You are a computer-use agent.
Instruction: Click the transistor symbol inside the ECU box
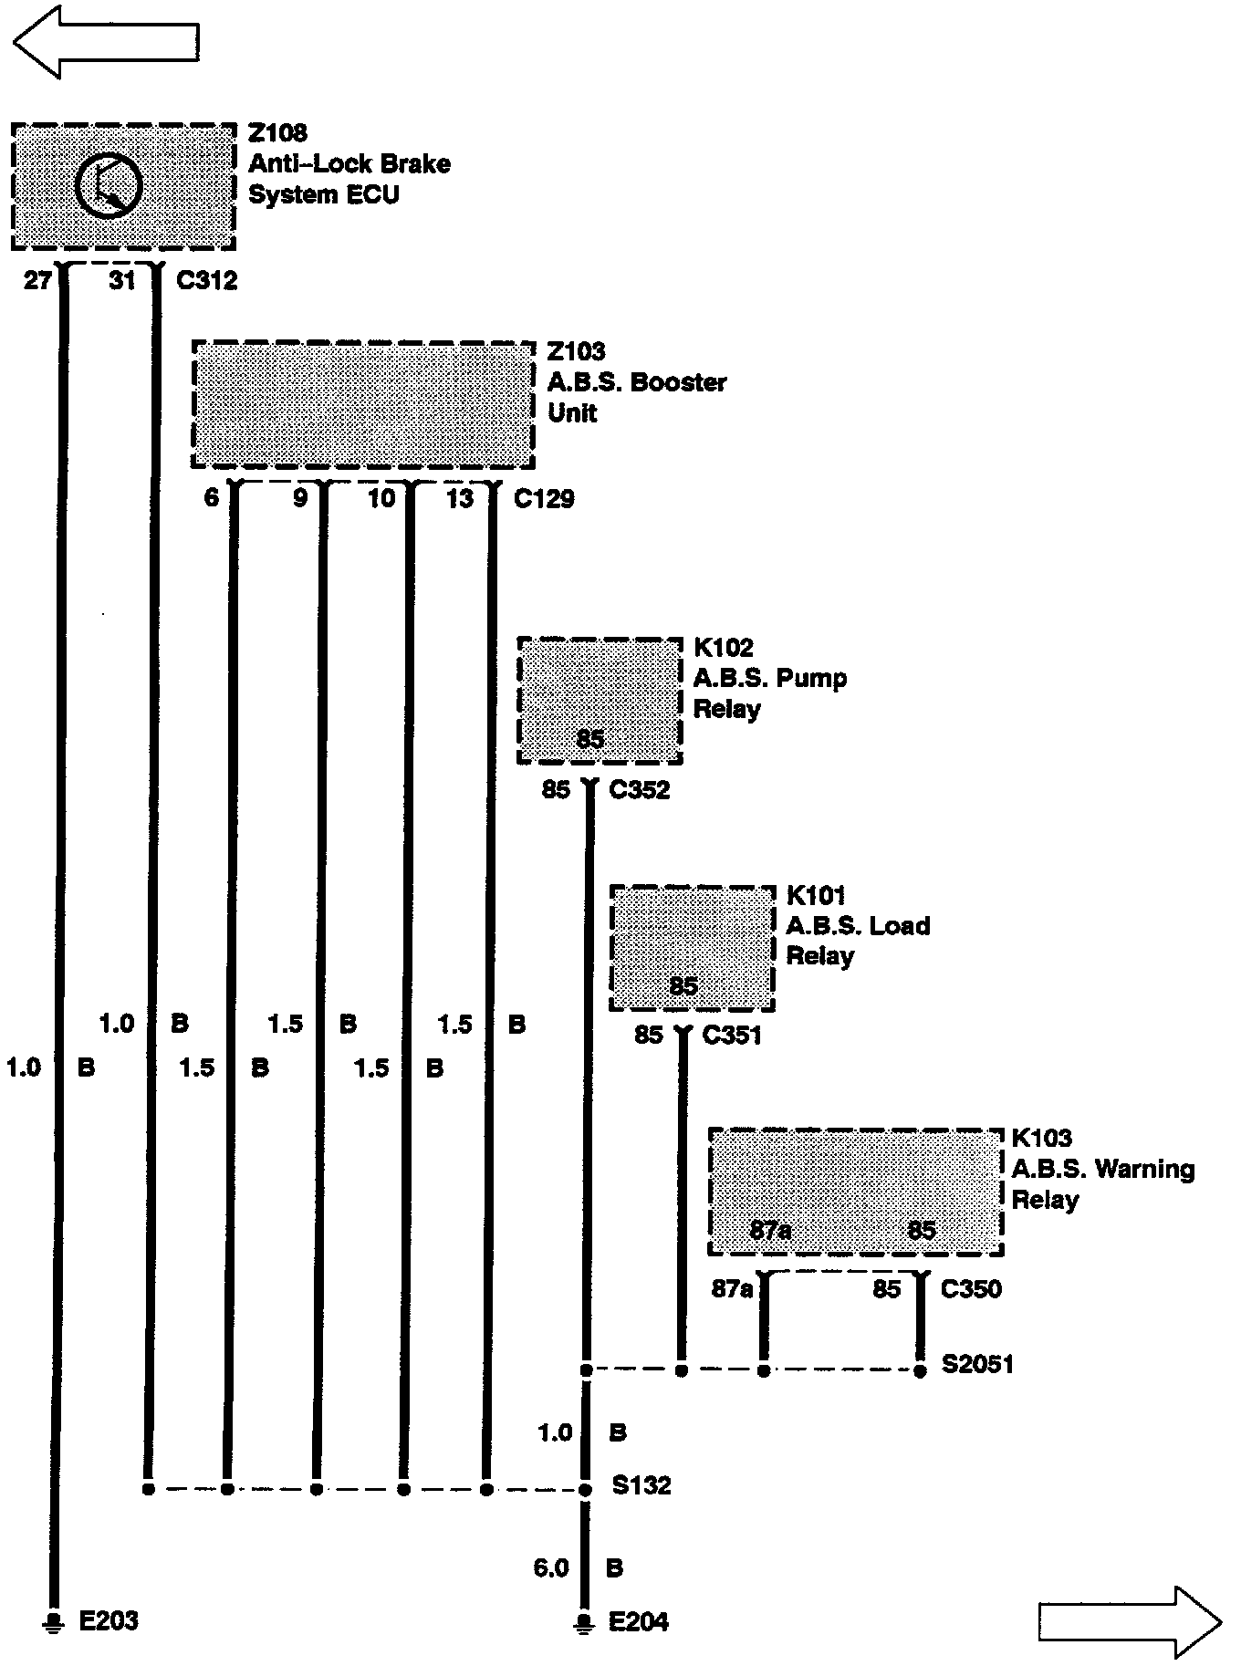coord(109,187)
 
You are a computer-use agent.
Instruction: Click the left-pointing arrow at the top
coord(106,42)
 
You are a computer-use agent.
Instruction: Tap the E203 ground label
coord(109,1620)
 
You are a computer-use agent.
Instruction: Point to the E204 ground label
coord(638,1621)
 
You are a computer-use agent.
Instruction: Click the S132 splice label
coord(641,1486)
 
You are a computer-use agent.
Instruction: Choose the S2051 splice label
coord(977,1365)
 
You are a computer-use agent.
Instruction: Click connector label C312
coord(207,281)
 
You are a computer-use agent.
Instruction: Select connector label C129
coord(544,498)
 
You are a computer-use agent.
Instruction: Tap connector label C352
coord(639,790)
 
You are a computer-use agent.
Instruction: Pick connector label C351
coord(731,1036)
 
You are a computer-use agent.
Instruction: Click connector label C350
coord(971,1289)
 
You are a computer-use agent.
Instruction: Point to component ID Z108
coord(278,133)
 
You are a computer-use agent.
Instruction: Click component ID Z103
coord(576,351)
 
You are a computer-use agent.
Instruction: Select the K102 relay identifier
coord(724,648)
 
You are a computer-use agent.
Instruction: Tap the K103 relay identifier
coord(1041,1138)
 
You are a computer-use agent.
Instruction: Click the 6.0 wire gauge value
coord(551,1568)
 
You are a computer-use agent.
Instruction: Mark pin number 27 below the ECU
coord(37,281)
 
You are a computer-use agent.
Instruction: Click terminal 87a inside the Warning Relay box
coord(770,1231)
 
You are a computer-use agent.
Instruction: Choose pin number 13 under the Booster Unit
coord(460,498)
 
